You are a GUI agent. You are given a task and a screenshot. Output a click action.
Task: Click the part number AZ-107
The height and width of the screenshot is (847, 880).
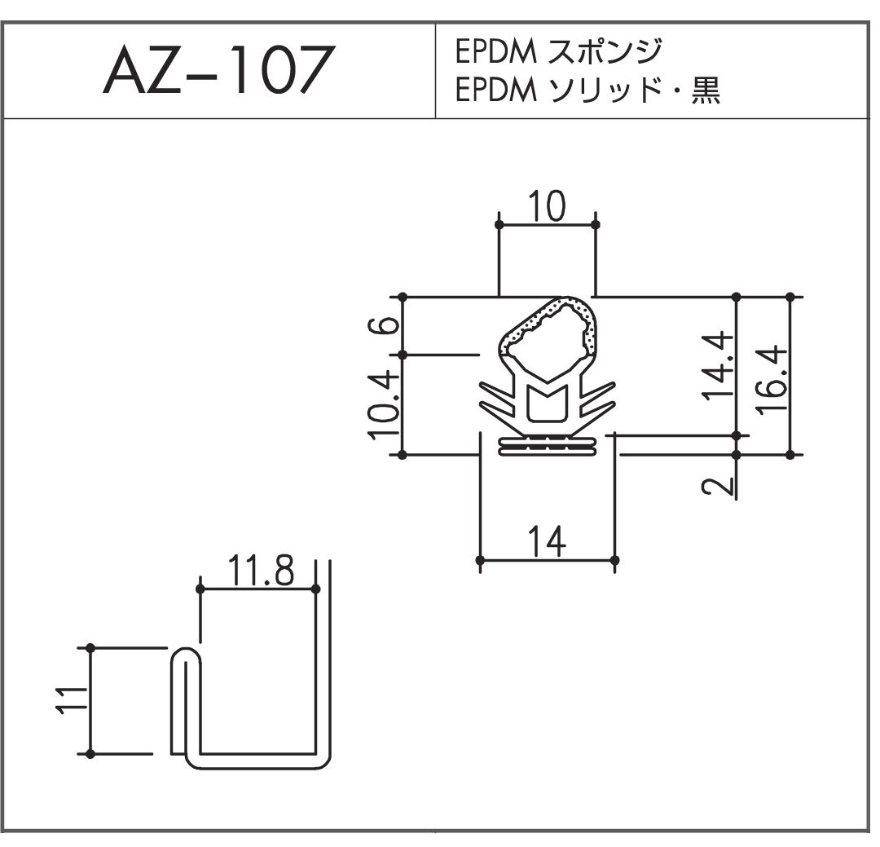tap(219, 70)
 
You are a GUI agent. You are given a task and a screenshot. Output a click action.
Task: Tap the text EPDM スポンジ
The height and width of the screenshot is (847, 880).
tap(559, 51)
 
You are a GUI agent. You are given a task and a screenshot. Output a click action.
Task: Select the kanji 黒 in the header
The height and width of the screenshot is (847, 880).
tap(706, 90)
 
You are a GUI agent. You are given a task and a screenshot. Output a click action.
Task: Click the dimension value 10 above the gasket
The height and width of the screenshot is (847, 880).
tap(548, 206)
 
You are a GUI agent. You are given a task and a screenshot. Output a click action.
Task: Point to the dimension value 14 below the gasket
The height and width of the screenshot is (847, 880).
tap(548, 542)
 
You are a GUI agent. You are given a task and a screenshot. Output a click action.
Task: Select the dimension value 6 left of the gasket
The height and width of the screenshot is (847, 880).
tap(384, 325)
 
